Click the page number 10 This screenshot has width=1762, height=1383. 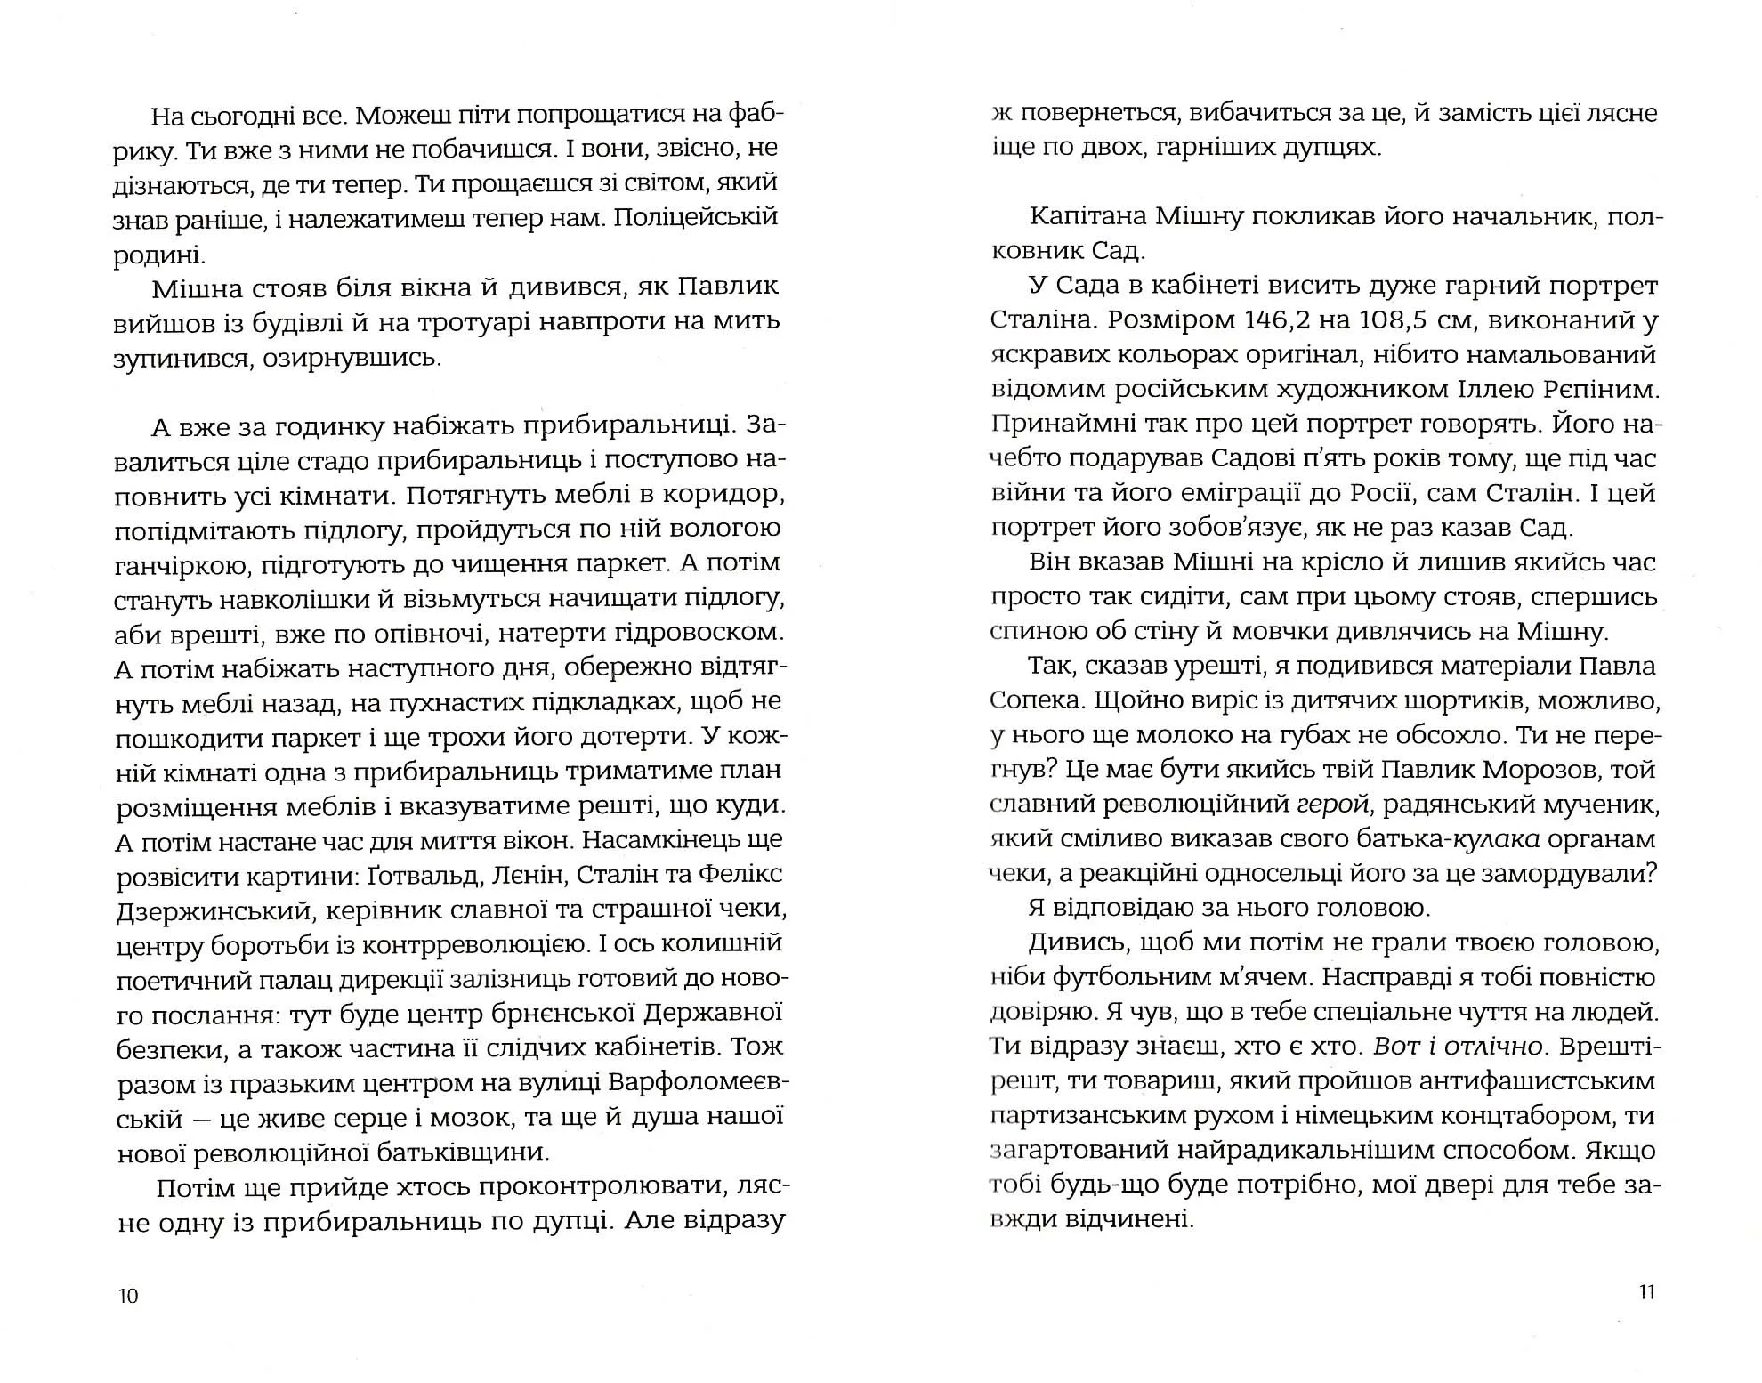click(x=129, y=1296)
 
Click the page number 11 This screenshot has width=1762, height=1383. click(x=1646, y=1292)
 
